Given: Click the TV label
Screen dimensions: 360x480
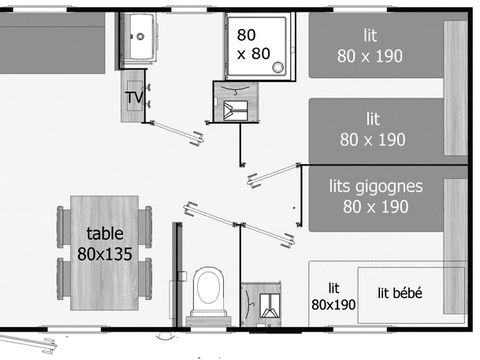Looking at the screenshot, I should pos(133,97).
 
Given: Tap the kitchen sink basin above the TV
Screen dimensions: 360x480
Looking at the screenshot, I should pos(138,36).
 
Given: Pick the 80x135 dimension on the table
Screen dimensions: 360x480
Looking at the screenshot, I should pos(105,254).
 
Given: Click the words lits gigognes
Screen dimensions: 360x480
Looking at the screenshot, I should pos(375,186).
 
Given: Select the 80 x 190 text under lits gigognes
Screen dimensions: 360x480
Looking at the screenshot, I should pos(375,207).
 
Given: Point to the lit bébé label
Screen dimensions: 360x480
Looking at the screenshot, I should pos(400,292).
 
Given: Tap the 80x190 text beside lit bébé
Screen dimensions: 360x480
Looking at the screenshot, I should pos(333,304).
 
